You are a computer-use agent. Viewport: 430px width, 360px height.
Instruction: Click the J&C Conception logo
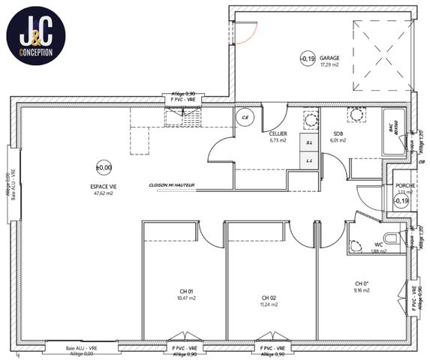click(x=35, y=35)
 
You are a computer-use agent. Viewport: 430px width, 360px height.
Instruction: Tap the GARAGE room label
click(x=329, y=57)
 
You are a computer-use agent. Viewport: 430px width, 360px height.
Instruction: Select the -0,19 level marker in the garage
click(x=307, y=58)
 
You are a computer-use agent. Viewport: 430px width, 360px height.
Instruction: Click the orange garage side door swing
click(x=247, y=33)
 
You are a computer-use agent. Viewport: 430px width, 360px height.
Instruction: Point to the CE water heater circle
click(x=245, y=117)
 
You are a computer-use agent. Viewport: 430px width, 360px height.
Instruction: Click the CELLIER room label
click(x=279, y=133)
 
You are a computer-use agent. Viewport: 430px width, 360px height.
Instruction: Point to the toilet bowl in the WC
click(x=356, y=245)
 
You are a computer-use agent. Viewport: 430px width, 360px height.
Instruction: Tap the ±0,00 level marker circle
click(x=104, y=168)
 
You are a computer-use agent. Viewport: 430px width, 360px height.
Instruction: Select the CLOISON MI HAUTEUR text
click(x=172, y=184)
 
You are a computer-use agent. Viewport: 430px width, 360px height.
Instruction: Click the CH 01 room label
click(x=187, y=292)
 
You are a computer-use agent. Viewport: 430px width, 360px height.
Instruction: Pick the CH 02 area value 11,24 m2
click(x=269, y=304)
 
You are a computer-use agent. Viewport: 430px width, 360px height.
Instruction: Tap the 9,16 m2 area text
click(x=362, y=291)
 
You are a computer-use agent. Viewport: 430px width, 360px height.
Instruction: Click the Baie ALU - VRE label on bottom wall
click(x=81, y=349)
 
